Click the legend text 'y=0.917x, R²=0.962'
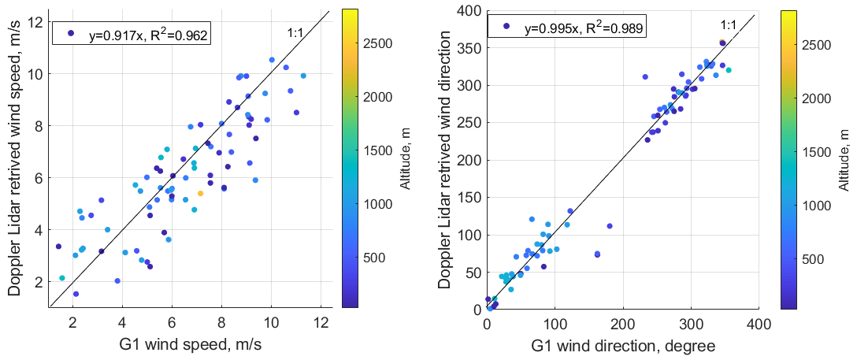coord(150,34)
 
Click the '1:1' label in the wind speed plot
coord(295,34)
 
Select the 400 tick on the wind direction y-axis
coord(471,10)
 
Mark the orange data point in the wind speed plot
coord(201,193)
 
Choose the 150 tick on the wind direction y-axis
coord(471,198)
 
